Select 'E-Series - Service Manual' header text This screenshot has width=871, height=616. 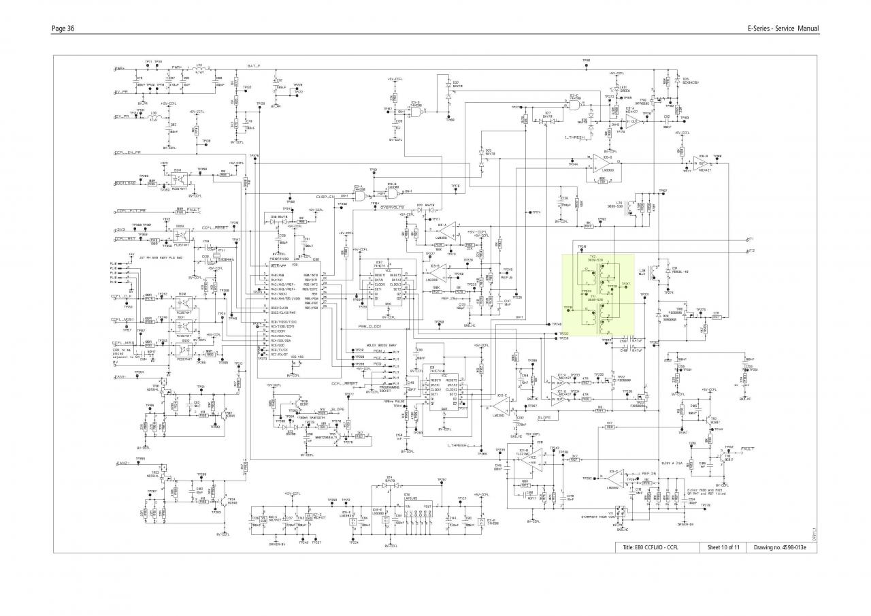(x=783, y=28)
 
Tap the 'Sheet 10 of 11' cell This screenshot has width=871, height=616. (x=723, y=547)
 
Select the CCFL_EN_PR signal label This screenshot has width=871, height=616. (x=129, y=153)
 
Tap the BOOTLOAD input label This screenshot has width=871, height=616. (x=125, y=184)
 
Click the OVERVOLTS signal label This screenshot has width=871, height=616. (x=393, y=207)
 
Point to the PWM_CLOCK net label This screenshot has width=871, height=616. (x=372, y=327)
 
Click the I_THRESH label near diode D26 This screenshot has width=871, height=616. (x=574, y=137)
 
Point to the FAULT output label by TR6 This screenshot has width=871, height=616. (x=747, y=449)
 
